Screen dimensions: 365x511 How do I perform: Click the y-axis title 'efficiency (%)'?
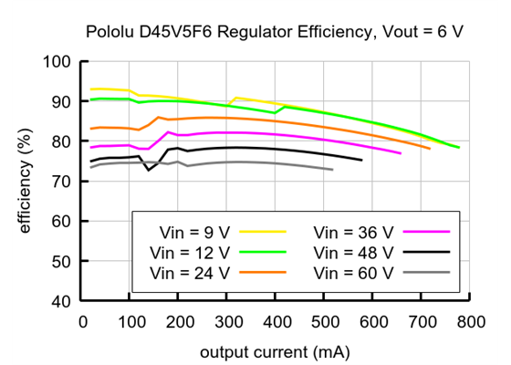25,182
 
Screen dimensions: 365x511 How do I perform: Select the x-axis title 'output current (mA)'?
275,349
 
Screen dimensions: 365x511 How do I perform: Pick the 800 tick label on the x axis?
470,321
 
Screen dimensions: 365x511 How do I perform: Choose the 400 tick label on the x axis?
276,321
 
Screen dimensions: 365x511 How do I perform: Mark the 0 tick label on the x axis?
83,321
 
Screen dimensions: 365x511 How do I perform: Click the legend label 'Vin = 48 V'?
351,252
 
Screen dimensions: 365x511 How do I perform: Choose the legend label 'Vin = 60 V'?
351,272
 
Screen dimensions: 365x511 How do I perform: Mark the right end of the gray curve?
333,170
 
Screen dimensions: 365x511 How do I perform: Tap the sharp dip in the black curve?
149,169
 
